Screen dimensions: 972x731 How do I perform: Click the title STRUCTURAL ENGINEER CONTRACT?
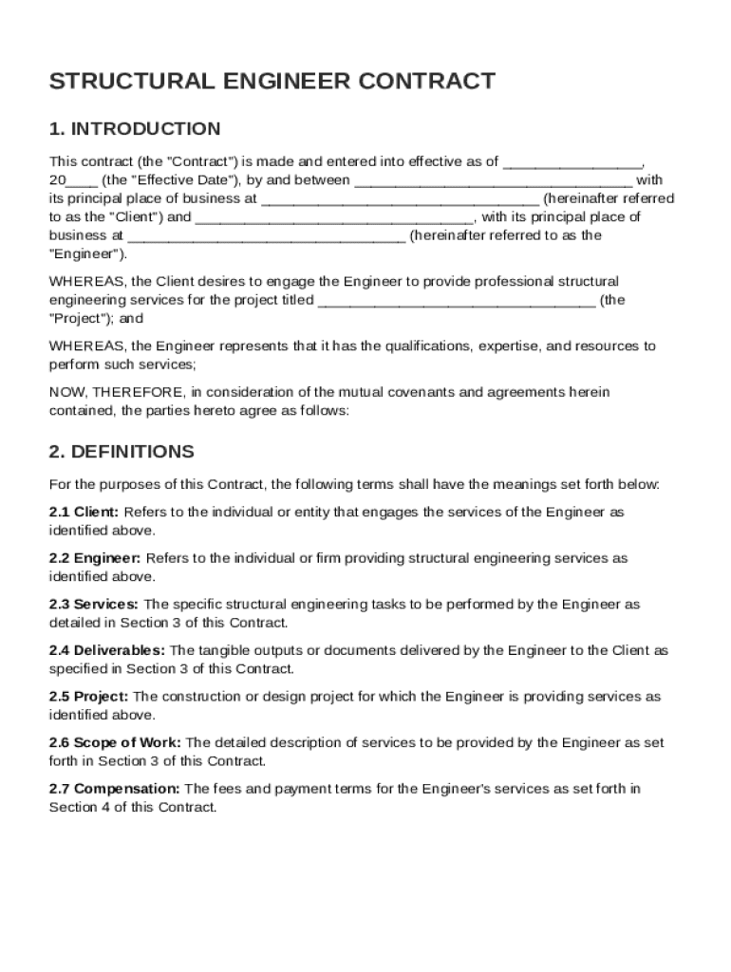tap(272, 81)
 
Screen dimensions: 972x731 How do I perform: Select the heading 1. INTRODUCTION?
tap(135, 128)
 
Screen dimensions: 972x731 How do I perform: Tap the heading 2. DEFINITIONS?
tap(122, 451)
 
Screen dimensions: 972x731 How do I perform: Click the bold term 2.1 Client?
tap(84, 513)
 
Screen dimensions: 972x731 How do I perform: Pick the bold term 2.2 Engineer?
tap(95, 559)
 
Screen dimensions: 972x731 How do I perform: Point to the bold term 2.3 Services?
tap(94, 605)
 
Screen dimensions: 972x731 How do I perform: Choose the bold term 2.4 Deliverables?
tap(107, 651)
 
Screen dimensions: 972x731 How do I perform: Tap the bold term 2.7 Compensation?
tap(115, 789)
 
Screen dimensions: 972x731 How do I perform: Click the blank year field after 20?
tap(82, 181)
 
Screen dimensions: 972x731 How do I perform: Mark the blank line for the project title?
tap(458, 302)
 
